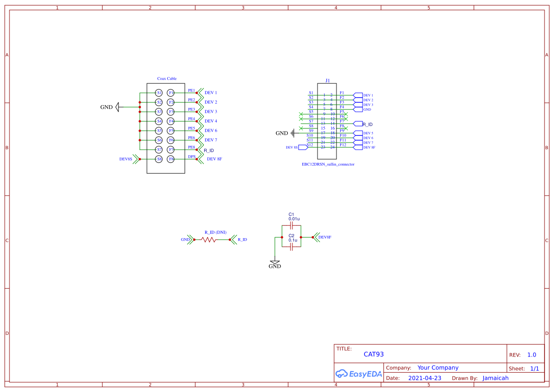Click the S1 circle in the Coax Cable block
pos(159,93)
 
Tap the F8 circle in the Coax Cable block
pos(171,159)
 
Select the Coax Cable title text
pos(167,79)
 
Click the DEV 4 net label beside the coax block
pos(211,121)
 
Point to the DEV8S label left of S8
pos(126,160)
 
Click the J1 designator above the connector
pos(327,81)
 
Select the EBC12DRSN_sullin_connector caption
pos(328,164)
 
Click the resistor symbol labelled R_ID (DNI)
pos(209,240)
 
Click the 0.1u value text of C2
pos(293,241)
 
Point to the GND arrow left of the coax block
pos(118,107)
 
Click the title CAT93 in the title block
pos(373,354)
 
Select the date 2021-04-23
pos(425,378)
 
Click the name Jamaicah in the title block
pos(495,378)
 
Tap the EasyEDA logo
pos(358,374)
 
